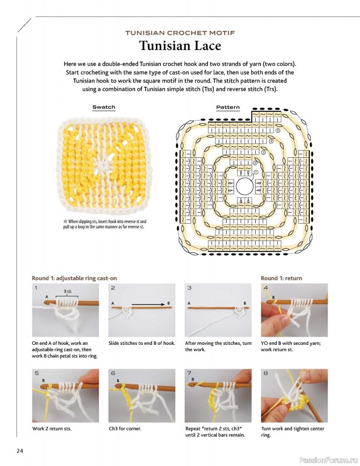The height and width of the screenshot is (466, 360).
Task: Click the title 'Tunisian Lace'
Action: pos(180,46)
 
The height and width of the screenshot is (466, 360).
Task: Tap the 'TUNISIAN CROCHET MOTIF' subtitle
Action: pos(180,33)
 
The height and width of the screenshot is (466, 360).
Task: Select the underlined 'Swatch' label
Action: pos(104,107)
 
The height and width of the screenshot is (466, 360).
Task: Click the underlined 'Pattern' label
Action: pos(228,107)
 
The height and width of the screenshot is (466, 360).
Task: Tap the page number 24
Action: pos(20,450)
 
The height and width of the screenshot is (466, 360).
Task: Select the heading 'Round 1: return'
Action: pos(281,278)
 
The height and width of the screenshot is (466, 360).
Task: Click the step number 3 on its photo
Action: pos(189,288)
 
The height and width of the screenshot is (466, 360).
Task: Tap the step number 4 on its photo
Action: pos(266,288)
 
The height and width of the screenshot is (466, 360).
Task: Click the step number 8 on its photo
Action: pos(266,373)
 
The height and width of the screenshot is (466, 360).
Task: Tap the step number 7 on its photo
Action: pos(189,373)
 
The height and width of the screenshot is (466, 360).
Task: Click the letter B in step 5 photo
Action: pos(43,380)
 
